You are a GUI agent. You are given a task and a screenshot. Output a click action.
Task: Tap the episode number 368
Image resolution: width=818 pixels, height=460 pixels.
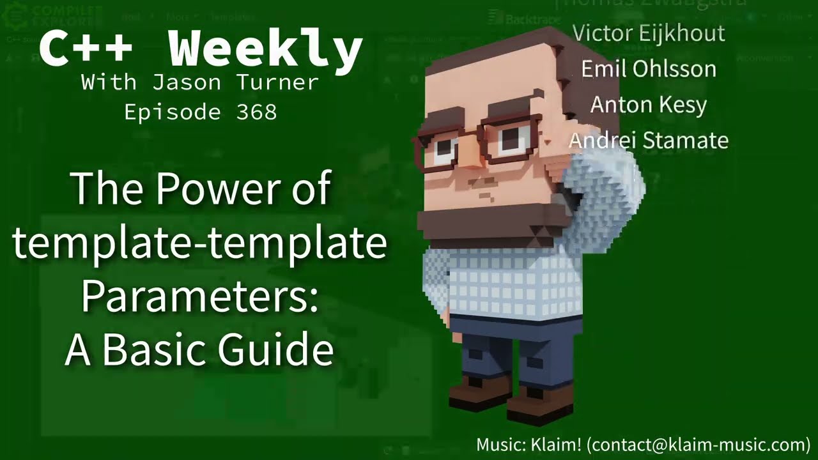pyautogui.click(x=256, y=112)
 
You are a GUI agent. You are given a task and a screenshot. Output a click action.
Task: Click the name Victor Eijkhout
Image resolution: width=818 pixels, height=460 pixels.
pyautogui.click(x=649, y=33)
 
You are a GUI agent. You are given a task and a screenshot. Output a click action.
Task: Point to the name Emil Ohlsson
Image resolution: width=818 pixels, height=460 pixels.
pyautogui.click(x=649, y=68)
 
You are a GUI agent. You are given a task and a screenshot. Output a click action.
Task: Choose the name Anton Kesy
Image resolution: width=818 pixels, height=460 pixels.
pyautogui.click(x=648, y=104)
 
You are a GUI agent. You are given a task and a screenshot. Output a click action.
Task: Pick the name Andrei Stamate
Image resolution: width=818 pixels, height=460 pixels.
pyautogui.click(x=649, y=140)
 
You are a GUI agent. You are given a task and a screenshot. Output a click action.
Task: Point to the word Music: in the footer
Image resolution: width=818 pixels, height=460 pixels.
pyautogui.click(x=502, y=445)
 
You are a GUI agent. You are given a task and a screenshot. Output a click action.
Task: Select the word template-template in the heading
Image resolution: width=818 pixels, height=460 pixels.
pyautogui.click(x=199, y=243)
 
